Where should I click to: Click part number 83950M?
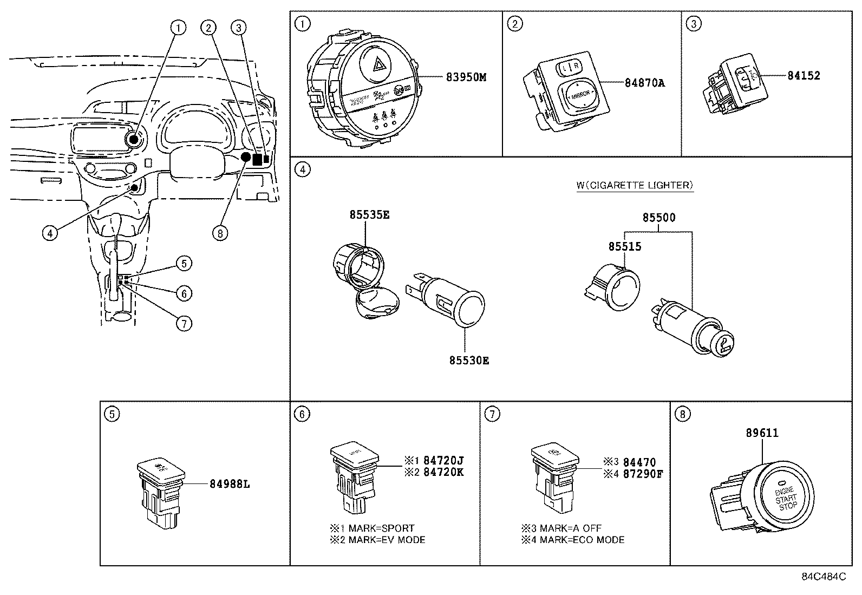466,77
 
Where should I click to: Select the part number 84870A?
644,83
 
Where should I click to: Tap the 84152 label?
804,76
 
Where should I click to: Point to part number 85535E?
369,215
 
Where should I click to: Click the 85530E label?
468,361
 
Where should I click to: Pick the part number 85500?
659,218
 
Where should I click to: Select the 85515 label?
624,247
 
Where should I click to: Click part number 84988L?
230,484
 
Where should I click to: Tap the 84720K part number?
443,472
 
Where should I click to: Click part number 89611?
762,433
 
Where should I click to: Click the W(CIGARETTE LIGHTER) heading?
635,185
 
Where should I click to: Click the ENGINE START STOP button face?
785,498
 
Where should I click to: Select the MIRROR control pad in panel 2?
579,94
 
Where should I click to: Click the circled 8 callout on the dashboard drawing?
220,233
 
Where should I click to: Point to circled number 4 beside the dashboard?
49,233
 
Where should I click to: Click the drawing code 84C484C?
824,577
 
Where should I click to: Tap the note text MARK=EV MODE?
386,540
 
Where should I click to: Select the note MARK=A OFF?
567,528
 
